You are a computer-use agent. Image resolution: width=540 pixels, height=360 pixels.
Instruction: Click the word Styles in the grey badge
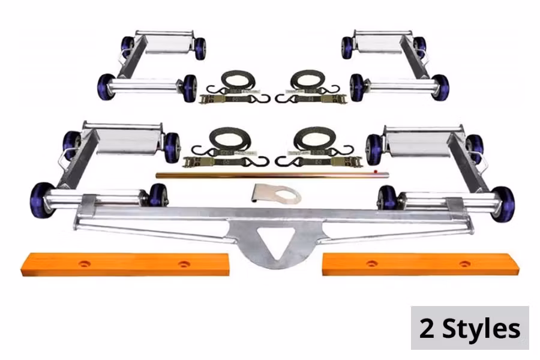481,328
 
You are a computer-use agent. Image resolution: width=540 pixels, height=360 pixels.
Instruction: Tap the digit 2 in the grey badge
427,328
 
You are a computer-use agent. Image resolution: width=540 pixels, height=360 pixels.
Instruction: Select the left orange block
125,264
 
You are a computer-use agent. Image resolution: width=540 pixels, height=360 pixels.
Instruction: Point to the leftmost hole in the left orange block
84,264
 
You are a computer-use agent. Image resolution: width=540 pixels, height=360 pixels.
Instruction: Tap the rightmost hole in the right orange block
464,264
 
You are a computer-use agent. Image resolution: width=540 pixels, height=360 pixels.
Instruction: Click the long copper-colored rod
272,175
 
